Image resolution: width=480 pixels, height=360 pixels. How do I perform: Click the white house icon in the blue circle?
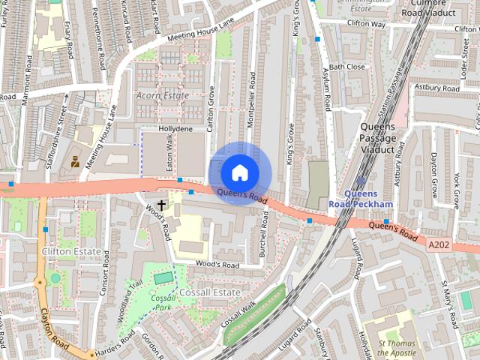[x=239, y=172]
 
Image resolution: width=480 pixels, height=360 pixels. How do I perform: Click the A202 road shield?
[x=439, y=244]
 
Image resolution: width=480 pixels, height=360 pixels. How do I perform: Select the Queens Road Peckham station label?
[x=361, y=199]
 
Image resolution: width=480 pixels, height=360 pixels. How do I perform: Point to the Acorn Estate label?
[x=161, y=96]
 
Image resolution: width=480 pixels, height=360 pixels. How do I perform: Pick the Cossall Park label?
[x=163, y=302]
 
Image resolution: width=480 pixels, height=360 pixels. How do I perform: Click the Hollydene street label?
[x=176, y=129]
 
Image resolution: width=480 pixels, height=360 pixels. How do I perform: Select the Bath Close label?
[x=346, y=67]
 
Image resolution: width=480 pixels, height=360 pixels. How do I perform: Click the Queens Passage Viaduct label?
[x=376, y=138]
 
